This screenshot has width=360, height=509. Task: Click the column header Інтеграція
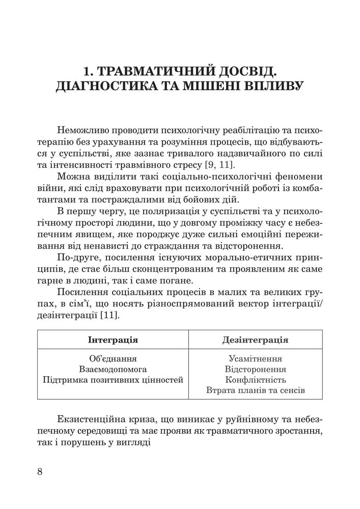coord(113,340)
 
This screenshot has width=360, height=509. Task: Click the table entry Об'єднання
coord(113,359)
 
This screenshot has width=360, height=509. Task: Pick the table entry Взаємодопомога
coord(113,369)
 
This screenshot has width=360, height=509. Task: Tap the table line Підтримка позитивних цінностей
coord(113,380)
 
